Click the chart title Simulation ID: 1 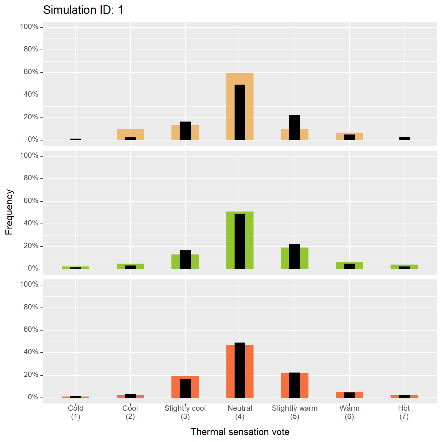[x=83, y=10]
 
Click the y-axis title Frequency [x=9, y=212]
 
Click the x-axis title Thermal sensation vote [x=240, y=432]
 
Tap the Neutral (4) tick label [x=240, y=412]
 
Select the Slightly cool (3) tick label [x=185, y=412]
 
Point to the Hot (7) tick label [x=404, y=412]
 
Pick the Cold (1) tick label [x=76, y=412]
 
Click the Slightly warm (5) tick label [x=295, y=412]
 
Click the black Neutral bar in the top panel [x=240, y=112]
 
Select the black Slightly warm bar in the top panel [x=295, y=128]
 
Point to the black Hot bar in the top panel [x=404, y=139]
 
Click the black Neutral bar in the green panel [x=240, y=241]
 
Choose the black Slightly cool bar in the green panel [x=185, y=260]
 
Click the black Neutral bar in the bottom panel [x=240, y=370]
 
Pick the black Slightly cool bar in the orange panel [x=185, y=388]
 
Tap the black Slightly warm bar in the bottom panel [x=295, y=385]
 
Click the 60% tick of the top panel [x=31, y=72]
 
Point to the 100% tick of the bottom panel [x=29, y=284]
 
